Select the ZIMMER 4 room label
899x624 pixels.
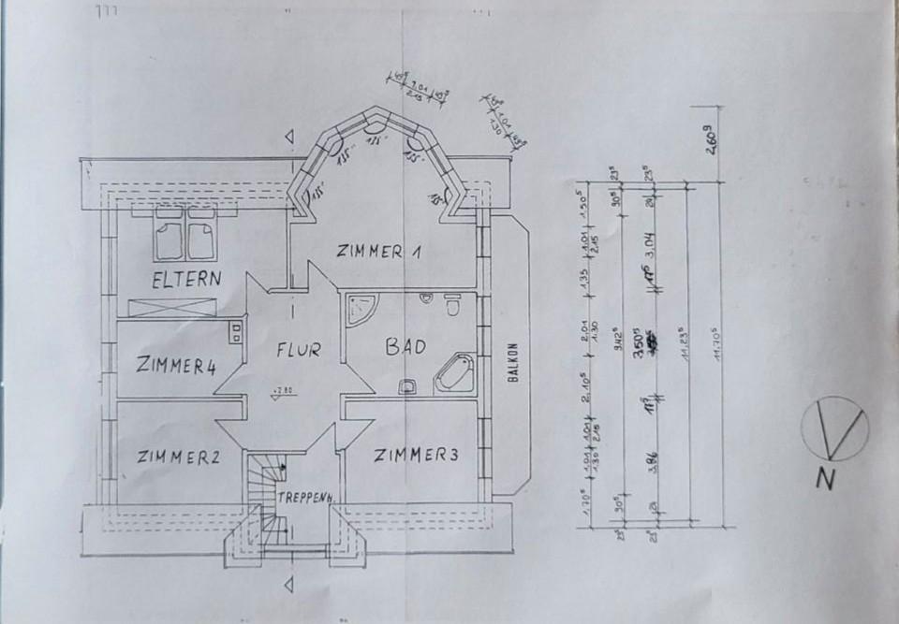(175, 365)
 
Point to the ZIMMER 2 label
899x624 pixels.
(177, 457)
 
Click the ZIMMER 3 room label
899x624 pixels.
(416, 456)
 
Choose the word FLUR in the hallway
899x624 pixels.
(298, 351)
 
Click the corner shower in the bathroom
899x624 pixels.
(361, 310)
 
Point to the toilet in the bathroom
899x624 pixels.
(451, 306)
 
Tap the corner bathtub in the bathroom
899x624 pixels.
(455, 373)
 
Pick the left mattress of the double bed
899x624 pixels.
(169, 240)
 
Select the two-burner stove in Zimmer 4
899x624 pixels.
(233, 334)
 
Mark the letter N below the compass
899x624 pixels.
(824, 479)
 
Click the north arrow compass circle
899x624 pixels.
(835, 429)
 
